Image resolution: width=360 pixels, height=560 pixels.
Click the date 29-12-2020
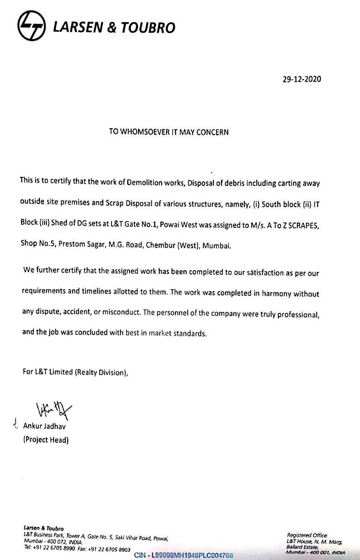[302, 79]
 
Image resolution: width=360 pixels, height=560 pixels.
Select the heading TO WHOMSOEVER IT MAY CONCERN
[169, 132]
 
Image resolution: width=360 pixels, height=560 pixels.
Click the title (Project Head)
[46, 440]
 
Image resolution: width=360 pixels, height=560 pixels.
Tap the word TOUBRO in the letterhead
[147, 28]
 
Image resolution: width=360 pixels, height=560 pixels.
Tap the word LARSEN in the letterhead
[78, 28]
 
